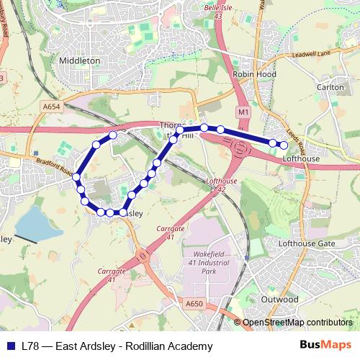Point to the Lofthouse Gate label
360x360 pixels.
click(307, 244)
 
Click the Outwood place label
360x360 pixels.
click(279, 299)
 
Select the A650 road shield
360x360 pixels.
click(194, 304)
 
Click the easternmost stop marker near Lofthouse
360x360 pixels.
click(284, 145)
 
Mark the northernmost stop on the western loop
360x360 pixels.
click(112, 135)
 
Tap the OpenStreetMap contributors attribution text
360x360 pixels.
click(297, 323)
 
